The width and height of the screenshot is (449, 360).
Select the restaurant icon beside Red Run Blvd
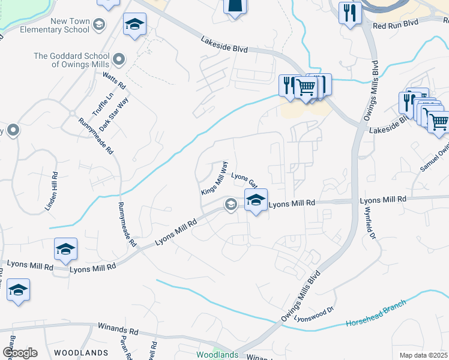tap(349, 13)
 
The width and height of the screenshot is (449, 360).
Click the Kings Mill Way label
tap(215, 178)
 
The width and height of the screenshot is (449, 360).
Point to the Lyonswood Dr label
tap(313, 315)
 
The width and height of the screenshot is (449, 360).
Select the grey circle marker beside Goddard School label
tap(119, 59)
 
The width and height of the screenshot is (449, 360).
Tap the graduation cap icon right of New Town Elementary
tap(134, 25)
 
